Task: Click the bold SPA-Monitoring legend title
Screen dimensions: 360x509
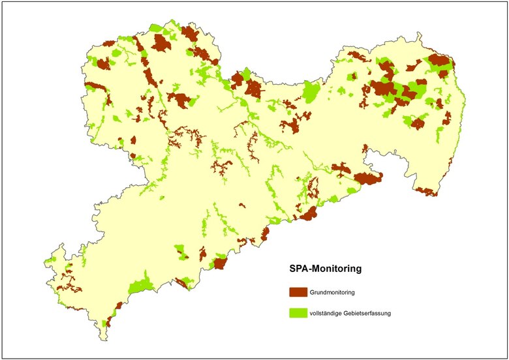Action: pyautogui.click(x=326, y=268)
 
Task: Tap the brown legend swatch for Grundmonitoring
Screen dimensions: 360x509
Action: pyautogui.click(x=298, y=292)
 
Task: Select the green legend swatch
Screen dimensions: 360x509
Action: pyautogui.click(x=298, y=313)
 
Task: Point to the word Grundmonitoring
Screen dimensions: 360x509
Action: pyautogui.click(x=333, y=292)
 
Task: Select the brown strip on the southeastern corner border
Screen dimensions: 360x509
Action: pyautogui.click(x=425, y=191)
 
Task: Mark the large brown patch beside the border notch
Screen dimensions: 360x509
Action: pyautogui.click(x=367, y=178)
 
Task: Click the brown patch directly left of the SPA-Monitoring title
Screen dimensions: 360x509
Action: pyautogui.click(x=220, y=263)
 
